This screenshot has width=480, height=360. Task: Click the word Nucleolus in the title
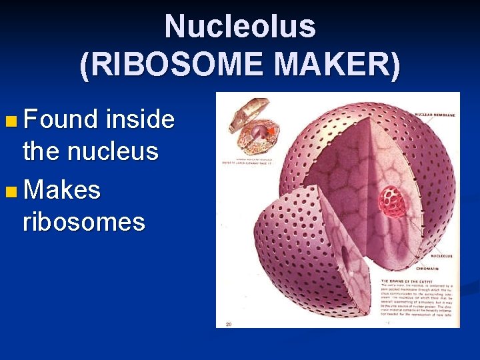(x=240, y=27)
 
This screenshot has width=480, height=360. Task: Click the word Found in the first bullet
(x=61, y=120)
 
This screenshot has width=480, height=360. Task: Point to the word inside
(x=140, y=120)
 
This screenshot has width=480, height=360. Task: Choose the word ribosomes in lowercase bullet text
(x=83, y=221)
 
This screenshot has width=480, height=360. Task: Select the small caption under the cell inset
(x=247, y=159)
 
